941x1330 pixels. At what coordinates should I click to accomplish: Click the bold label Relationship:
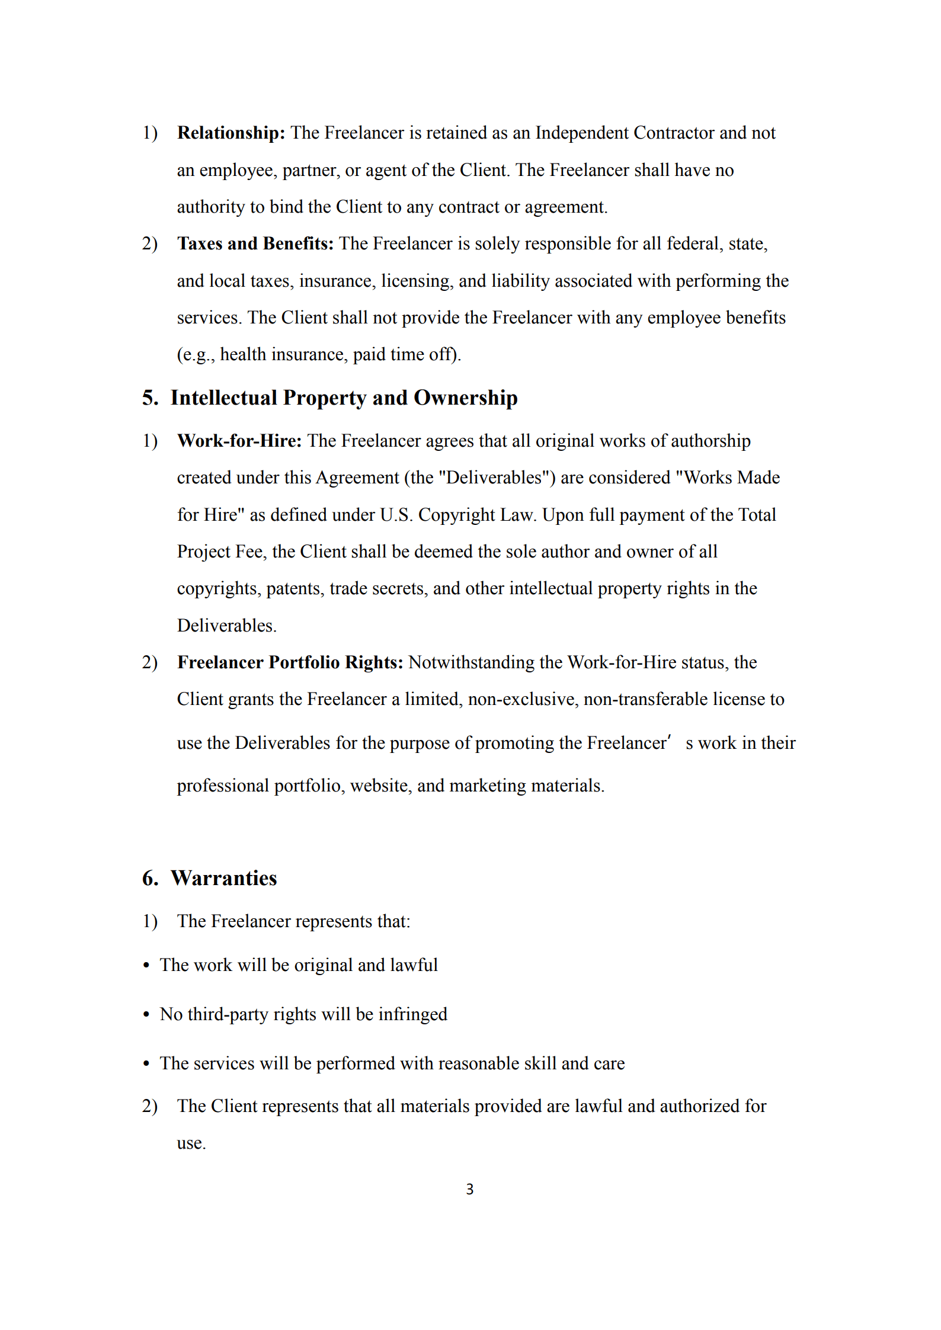[x=231, y=133]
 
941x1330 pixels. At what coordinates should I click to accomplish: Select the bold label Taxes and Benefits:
[x=255, y=243]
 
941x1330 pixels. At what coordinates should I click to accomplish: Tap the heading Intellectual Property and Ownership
[x=344, y=398]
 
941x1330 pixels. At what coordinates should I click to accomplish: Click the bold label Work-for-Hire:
[x=239, y=441]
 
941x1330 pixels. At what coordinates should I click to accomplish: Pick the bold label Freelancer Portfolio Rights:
[x=290, y=662]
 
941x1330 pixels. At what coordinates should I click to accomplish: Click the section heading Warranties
[x=223, y=878]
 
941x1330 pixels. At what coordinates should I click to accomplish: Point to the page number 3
[x=470, y=1189]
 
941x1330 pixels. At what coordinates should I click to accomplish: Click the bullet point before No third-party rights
[x=146, y=1015]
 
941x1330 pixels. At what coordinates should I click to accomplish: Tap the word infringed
[x=412, y=1014]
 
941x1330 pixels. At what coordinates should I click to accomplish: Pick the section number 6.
[x=150, y=878]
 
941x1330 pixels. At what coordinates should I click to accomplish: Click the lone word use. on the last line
[x=191, y=1143]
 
